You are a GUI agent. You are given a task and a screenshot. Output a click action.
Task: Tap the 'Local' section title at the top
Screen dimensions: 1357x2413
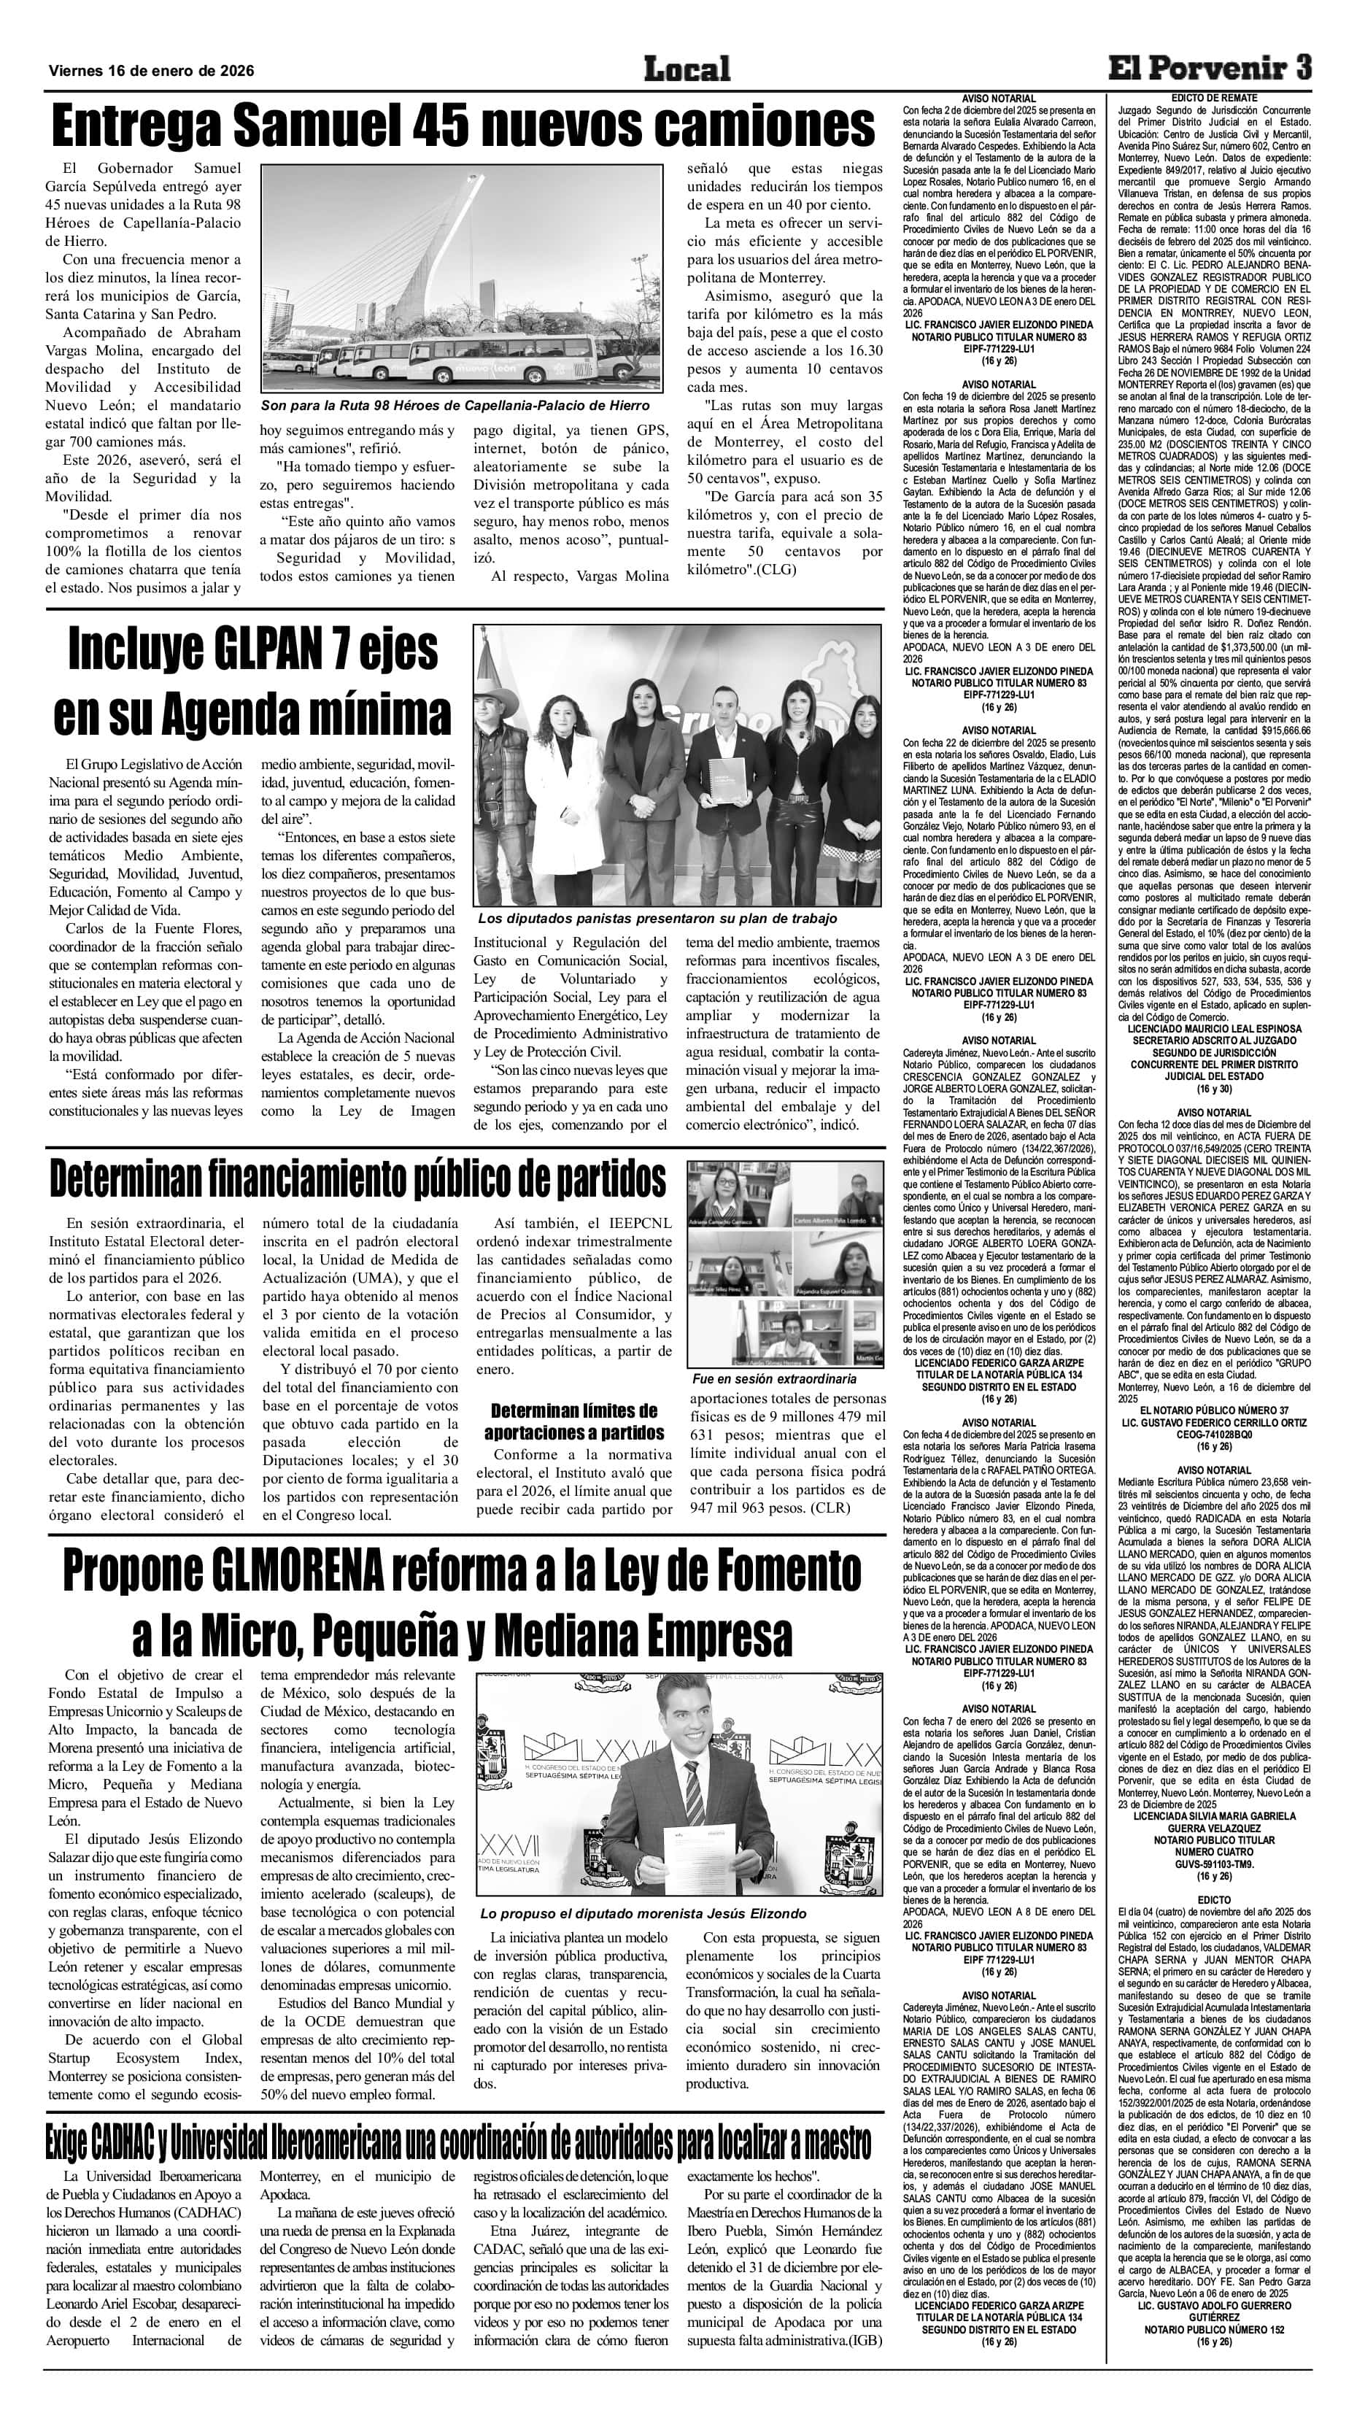pos(687,69)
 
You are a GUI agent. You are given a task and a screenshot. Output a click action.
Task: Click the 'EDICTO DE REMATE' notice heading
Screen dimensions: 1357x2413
pos(1214,99)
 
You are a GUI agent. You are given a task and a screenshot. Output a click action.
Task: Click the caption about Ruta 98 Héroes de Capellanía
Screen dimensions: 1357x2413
pos(455,406)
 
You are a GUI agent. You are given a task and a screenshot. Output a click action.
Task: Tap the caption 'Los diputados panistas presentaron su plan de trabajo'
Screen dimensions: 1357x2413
pos(657,919)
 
